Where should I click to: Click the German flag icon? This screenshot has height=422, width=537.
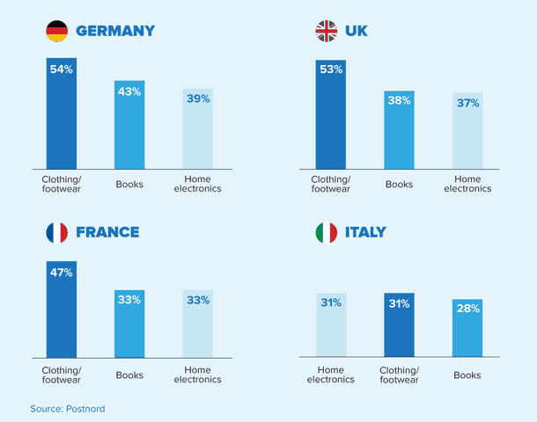point(57,32)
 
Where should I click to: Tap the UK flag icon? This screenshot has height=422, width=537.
point(326,32)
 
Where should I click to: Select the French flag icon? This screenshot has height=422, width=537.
point(57,233)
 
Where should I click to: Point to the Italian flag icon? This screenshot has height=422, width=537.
point(326,233)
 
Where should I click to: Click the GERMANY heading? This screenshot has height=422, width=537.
point(115,32)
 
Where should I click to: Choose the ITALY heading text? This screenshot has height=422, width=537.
point(365,233)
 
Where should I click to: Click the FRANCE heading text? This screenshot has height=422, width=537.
point(107,233)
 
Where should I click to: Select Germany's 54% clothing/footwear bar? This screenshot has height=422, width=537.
point(62,114)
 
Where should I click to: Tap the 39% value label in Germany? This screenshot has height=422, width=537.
point(198,99)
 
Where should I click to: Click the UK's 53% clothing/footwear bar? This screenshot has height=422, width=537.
point(331,114)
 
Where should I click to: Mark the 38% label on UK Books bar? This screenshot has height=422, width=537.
point(399,100)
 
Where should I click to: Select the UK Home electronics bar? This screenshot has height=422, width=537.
point(467,132)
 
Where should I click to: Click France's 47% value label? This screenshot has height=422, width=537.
point(62,273)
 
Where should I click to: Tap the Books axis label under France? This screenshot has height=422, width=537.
point(129,375)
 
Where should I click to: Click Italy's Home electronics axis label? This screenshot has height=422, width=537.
point(331,375)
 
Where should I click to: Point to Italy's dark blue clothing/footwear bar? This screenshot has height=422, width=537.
point(399,325)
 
